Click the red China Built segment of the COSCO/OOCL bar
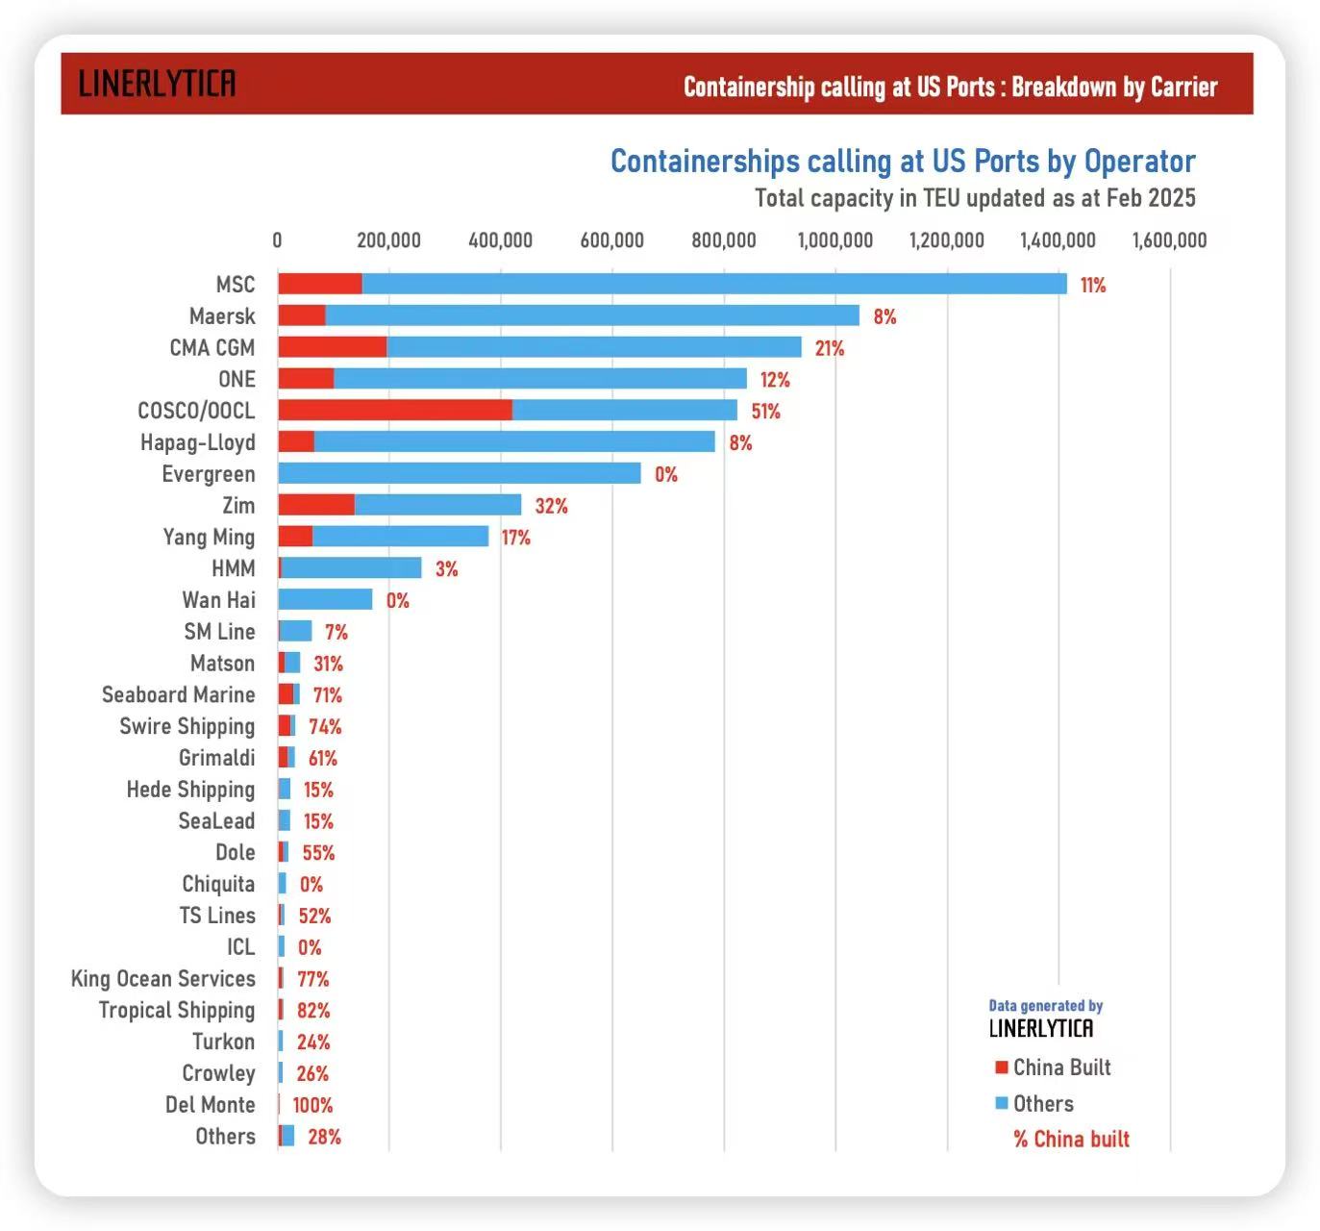tap(394, 411)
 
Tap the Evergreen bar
tap(459, 473)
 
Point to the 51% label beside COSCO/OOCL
tap(765, 412)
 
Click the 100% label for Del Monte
tap(312, 1106)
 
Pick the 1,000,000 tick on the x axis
tap(835, 240)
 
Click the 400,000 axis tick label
tap(500, 240)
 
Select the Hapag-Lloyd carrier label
tap(198, 442)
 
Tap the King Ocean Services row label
tap(163, 979)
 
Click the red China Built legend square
tap(1002, 1068)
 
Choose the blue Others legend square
tap(1002, 1103)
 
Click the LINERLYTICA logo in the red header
tap(157, 85)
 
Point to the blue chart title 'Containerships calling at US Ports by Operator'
tap(903, 162)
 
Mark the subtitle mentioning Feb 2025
tap(975, 198)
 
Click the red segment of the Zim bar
tap(316, 505)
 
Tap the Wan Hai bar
tap(325, 599)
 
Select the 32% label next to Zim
tap(551, 506)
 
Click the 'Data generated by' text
tap(1045, 1006)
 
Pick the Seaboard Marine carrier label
tap(179, 694)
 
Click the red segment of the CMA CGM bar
tap(332, 347)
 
